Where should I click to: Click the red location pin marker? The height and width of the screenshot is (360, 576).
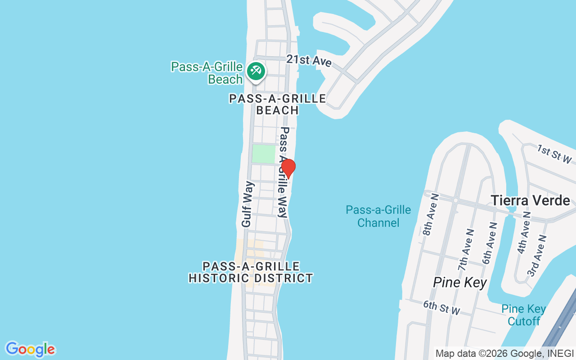coord(288,167)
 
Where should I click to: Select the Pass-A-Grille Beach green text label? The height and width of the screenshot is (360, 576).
coord(207,73)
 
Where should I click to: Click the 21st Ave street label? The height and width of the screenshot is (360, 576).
coord(309,60)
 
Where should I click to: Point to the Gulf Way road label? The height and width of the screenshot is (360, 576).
coord(247,204)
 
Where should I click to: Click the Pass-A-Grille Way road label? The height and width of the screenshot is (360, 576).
coord(283,172)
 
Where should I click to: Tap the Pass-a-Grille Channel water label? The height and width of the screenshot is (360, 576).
coord(378,216)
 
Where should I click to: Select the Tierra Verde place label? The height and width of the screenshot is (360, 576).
coord(530,200)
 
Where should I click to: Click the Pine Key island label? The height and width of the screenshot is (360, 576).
coord(459,282)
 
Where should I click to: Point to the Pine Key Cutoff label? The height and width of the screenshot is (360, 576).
coord(523,315)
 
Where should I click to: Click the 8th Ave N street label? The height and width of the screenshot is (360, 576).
coord(431,215)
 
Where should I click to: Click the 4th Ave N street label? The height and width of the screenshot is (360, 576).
coord(525,233)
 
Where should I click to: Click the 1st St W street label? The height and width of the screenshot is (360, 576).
coord(554,154)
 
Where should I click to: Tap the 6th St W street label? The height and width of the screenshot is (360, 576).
coord(441,308)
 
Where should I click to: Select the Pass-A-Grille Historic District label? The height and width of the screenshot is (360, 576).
coord(251,272)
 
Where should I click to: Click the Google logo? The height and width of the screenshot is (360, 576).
coord(30,349)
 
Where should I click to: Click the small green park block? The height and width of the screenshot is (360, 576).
coord(263,154)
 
